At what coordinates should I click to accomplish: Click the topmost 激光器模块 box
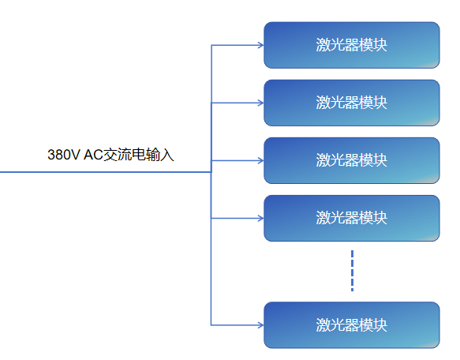pyautogui.click(x=351, y=45)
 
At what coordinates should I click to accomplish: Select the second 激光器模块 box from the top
pyautogui.click(x=351, y=103)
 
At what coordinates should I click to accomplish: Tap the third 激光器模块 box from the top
pyautogui.click(x=351, y=160)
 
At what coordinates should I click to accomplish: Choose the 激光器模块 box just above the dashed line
pyautogui.click(x=351, y=218)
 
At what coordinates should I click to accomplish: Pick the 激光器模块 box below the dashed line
pyautogui.click(x=351, y=325)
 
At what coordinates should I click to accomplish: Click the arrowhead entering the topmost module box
pyautogui.click(x=261, y=45)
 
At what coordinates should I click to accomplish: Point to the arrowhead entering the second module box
pyautogui.click(x=261, y=103)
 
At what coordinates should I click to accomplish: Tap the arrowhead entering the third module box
pyautogui.click(x=261, y=160)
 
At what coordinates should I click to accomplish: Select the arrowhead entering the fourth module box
pyautogui.click(x=261, y=218)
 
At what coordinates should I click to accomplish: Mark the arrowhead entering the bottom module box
pyautogui.click(x=261, y=325)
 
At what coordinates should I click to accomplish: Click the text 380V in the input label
pyautogui.click(x=64, y=155)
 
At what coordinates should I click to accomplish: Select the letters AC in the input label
pyautogui.click(x=93, y=155)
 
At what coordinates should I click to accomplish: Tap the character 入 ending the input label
pyautogui.click(x=167, y=155)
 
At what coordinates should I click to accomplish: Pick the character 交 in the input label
pyautogui.click(x=110, y=155)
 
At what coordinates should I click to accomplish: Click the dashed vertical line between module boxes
pyautogui.click(x=352, y=271)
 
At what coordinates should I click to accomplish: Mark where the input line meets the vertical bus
pyautogui.click(x=211, y=172)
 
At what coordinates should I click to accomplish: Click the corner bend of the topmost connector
pyautogui.click(x=211, y=45)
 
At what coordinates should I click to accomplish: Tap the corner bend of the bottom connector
pyautogui.click(x=211, y=325)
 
